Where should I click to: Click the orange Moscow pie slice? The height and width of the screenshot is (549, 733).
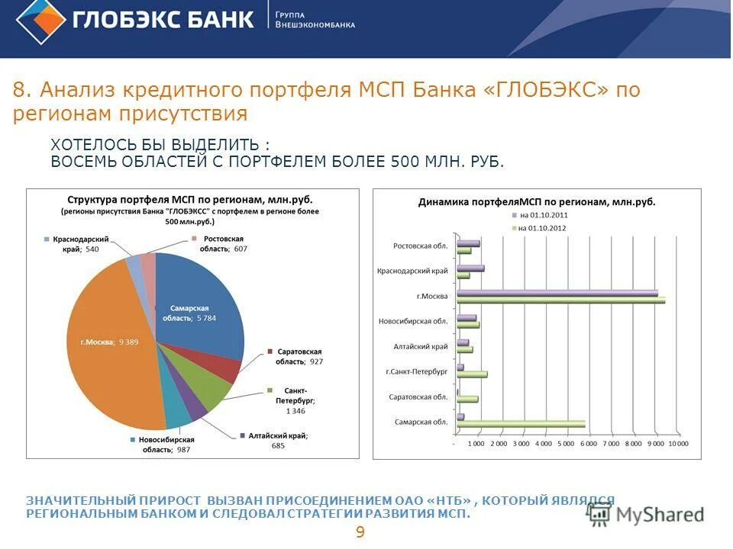[x=107, y=343]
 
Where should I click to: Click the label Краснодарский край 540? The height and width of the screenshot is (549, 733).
[x=76, y=244]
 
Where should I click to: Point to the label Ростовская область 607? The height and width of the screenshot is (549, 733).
[x=222, y=244]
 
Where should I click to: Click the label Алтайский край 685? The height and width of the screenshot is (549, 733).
[x=266, y=440]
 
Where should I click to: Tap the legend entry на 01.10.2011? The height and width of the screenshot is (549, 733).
[x=542, y=215]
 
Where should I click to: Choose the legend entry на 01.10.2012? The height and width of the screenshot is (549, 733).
[x=542, y=228]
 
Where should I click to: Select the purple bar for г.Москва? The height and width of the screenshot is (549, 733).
[x=557, y=293]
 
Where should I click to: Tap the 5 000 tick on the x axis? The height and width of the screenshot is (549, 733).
[x=567, y=444]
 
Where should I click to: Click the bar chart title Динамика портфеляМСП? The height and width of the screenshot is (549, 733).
[x=537, y=202]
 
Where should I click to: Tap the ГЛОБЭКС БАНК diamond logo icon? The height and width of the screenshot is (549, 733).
[x=40, y=22]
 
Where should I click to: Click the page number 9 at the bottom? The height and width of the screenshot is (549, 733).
[x=360, y=532]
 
